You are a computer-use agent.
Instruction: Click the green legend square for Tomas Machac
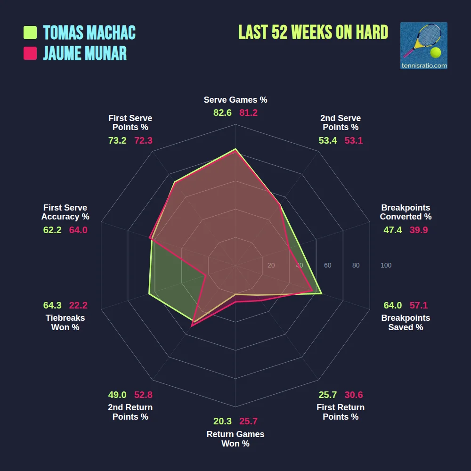tap(30, 32)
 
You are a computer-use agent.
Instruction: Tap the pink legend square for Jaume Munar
tap(30, 53)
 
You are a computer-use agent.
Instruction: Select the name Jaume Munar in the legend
tap(85, 53)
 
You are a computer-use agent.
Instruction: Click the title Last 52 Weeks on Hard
tap(313, 32)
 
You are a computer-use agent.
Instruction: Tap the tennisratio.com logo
tap(423, 46)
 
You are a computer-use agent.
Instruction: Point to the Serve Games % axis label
tap(235, 100)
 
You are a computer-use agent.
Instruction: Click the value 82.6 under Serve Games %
tap(222, 113)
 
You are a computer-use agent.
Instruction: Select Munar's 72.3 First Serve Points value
tap(144, 140)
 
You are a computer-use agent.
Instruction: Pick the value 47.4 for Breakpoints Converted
tap(393, 230)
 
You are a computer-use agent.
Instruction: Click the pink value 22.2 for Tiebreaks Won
tap(78, 305)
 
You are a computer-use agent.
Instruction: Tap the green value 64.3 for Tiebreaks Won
tap(52, 305)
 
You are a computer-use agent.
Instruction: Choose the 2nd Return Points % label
tap(130, 412)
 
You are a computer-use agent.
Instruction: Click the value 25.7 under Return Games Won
tap(249, 422)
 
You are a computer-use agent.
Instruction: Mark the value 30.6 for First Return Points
tap(354, 395)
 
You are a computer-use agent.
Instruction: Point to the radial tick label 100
tap(386, 266)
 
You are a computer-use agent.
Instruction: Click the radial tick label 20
tap(271, 266)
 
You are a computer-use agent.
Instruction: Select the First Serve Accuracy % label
tap(65, 212)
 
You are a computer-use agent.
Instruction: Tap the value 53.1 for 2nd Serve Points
tap(354, 140)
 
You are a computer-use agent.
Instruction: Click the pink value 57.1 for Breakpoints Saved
tap(419, 305)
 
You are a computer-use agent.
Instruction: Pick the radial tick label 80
tap(356, 266)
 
